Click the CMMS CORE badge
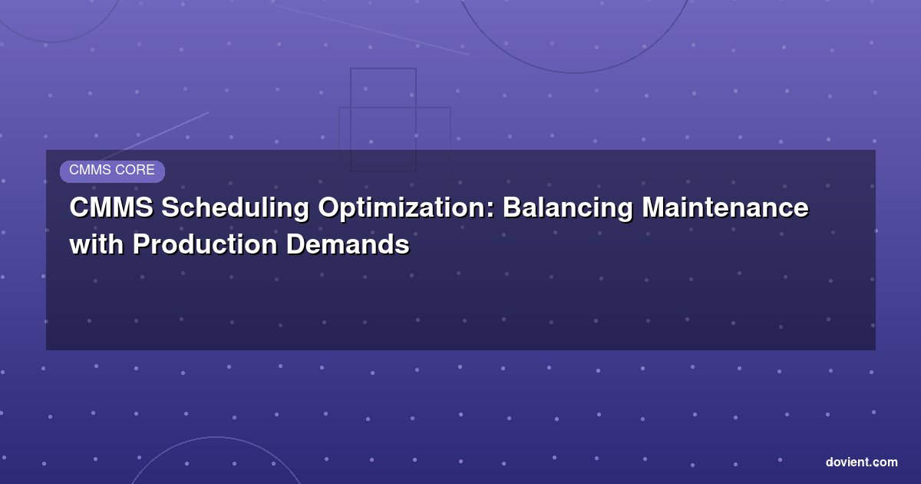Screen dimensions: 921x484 [112, 171]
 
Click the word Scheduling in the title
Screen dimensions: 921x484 [235, 208]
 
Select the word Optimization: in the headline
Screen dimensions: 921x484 [405, 208]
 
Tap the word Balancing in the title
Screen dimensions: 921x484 [568, 208]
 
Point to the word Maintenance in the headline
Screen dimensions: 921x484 [725, 207]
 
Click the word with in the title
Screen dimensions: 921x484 [97, 244]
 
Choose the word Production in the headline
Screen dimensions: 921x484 [205, 244]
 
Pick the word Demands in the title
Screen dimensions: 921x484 [348, 244]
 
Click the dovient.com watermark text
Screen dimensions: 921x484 [861, 462]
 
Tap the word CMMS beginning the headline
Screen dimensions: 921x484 [111, 207]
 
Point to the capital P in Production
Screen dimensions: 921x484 [141, 244]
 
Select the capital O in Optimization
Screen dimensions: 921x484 [328, 207]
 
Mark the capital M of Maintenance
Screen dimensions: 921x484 [654, 207]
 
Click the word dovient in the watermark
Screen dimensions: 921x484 [847, 462]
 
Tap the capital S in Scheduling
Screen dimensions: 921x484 [170, 207]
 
